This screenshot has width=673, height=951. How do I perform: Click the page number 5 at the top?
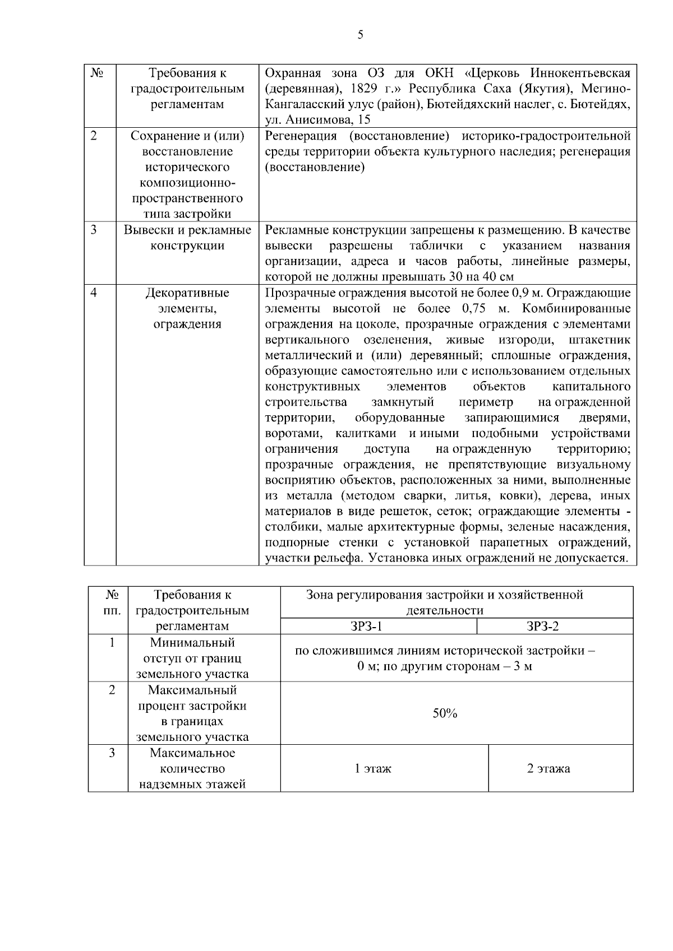pyautogui.click(x=360, y=35)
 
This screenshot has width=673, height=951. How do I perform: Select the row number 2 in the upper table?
pyautogui.click(x=94, y=136)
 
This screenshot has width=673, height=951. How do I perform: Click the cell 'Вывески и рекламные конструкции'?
pyautogui.click(x=187, y=238)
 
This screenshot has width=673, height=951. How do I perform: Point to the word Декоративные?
pyautogui.click(x=187, y=293)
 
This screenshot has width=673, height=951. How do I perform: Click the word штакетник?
pyautogui.click(x=599, y=340)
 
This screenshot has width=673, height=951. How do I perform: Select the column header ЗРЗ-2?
pyautogui.click(x=543, y=626)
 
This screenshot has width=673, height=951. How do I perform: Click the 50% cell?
pyautogui.click(x=445, y=713)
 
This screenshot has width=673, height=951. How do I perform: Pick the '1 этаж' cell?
pyautogui.click(x=373, y=768)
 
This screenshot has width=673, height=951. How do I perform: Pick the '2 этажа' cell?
pyautogui.click(x=548, y=768)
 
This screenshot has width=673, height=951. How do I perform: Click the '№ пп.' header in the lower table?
pyautogui.click(x=112, y=602)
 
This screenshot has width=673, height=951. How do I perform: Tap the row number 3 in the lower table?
pyautogui.click(x=112, y=753)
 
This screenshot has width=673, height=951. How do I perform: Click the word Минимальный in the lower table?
pyautogui.click(x=192, y=643)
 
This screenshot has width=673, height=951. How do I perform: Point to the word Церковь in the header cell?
pyautogui.click(x=499, y=73)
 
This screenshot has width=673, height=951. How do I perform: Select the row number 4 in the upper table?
pyautogui.click(x=94, y=293)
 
